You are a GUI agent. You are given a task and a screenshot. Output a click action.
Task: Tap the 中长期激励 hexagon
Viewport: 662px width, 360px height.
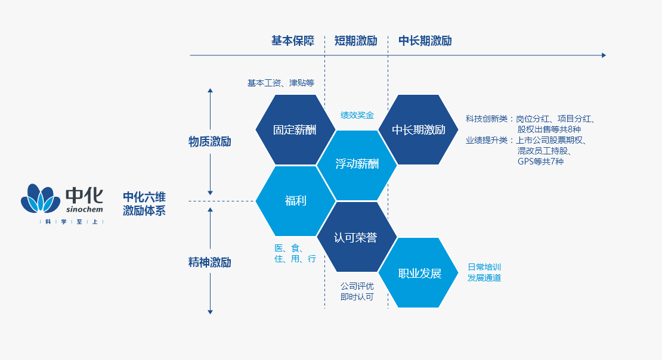click(x=419, y=130)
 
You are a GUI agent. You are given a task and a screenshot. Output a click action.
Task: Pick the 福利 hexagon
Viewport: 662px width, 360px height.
click(x=295, y=201)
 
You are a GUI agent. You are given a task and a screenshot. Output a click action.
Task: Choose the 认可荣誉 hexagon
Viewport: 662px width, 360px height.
click(x=357, y=237)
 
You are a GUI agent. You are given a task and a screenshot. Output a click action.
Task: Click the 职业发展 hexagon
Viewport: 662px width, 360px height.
click(x=419, y=274)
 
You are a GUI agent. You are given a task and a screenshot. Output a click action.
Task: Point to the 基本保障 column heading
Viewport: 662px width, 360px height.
click(x=292, y=41)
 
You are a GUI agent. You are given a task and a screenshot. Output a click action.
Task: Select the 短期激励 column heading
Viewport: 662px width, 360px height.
click(x=355, y=41)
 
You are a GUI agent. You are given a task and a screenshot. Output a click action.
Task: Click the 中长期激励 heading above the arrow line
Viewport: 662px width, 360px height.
click(x=425, y=41)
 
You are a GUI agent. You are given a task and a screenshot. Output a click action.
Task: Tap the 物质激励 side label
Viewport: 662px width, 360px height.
click(x=209, y=142)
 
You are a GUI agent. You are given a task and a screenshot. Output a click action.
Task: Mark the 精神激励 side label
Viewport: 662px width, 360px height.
click(x=209, y=262)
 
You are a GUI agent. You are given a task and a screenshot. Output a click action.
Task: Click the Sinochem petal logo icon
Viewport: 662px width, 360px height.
click(x=41, y=198)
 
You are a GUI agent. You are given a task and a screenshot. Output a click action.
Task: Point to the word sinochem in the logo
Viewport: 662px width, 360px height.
click(x=84, y=209)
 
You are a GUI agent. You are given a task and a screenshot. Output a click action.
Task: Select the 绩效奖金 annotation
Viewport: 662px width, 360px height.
click(x=357, y=114)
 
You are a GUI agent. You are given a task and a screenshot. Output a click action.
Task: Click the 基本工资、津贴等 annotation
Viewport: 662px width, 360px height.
click(x=280, y=83)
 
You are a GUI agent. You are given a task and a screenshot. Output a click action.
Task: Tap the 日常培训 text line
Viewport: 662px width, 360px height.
click(x=484, y=266)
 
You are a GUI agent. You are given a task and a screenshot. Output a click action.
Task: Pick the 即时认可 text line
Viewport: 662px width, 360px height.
click(x=357, y=296)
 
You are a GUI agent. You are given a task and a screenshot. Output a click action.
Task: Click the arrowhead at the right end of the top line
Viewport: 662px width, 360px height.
click(x=603, y=55)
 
